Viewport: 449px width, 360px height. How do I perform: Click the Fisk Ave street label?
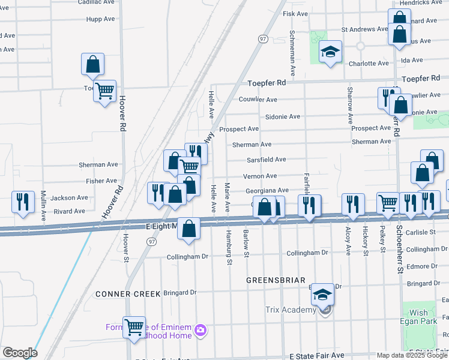(x=295, y=14)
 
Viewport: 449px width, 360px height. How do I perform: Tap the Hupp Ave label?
(x=100, y=19)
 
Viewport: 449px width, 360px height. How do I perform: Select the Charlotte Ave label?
(x=369, y=64)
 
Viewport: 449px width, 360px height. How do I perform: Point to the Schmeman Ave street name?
(x=292, y=53)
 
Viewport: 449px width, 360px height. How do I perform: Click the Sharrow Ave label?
(x=349, y=105)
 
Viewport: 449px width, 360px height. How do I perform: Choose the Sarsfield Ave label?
(x=266, y=160)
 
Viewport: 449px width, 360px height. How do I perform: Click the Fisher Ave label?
(x=101, y=181)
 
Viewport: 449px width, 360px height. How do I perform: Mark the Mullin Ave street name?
(x=43, y=206)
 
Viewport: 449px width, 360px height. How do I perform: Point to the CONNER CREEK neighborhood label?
(x=128, y=294)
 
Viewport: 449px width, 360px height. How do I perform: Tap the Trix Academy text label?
(x=291, y=310)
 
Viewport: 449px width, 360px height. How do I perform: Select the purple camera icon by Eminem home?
(x=200, y=329)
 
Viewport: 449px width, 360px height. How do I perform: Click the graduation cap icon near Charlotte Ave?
(x=330, y=53)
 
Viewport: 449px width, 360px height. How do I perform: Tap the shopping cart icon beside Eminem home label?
(x=134, y=327)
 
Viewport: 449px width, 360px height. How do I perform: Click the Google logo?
(x=19, y=353)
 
